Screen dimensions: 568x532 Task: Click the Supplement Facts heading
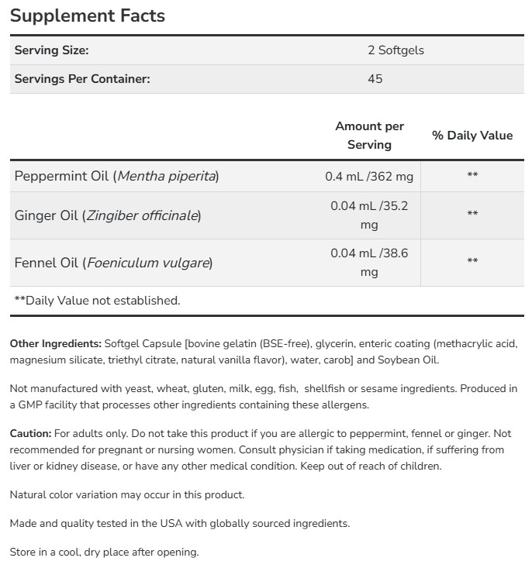pyautogui.click(x=87, y=15)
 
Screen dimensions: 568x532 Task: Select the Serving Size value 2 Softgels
pyautogui.click(x=396, y=50)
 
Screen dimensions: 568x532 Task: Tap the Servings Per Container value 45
pyautogui.click(x=375, y=78)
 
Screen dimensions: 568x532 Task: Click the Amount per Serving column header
pyautogui.click(x=369, y=135)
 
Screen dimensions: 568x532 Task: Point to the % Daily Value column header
pyautogui.click(x=472, y=135)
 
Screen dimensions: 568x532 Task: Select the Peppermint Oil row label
pyautogui.click(x=116, y=176)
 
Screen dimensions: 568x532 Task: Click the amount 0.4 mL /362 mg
pyautogui.click(x=369, y=176)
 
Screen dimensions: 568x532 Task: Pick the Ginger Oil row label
pyautogui.click(x=107, y=215)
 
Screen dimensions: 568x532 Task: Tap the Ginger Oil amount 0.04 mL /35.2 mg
pyautogui.click(x=369, y=215)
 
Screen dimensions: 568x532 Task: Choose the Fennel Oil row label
pyautogui.click(x=113, y=262)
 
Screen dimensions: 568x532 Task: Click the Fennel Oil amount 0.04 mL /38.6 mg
pyautogui.click(x=369, y=262)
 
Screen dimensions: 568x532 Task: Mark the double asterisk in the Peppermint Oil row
pyautogui.click(x=472, y=176)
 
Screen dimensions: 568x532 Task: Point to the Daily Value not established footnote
pyautogui.click(x=97, y=300)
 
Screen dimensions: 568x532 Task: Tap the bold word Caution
pyautogui.click(x=31, y=433)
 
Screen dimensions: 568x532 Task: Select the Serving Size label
pyautogui.click(x=52, y=50)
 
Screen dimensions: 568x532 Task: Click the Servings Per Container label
pyautogui.click(x=82, y=78)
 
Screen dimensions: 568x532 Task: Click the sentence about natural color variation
pyautogui.click(x=127, y=494)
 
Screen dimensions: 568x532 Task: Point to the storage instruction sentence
pyautogui.click(x=105, y=552)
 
